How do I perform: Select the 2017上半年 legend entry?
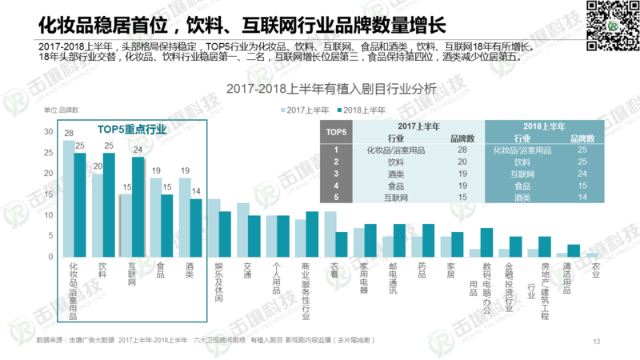305,110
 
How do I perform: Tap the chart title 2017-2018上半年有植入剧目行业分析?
331,89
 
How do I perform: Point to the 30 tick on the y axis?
49,132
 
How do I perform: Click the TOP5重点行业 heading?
132,128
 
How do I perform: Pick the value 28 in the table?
461,150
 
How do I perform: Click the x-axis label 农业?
594,274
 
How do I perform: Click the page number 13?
596,342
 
